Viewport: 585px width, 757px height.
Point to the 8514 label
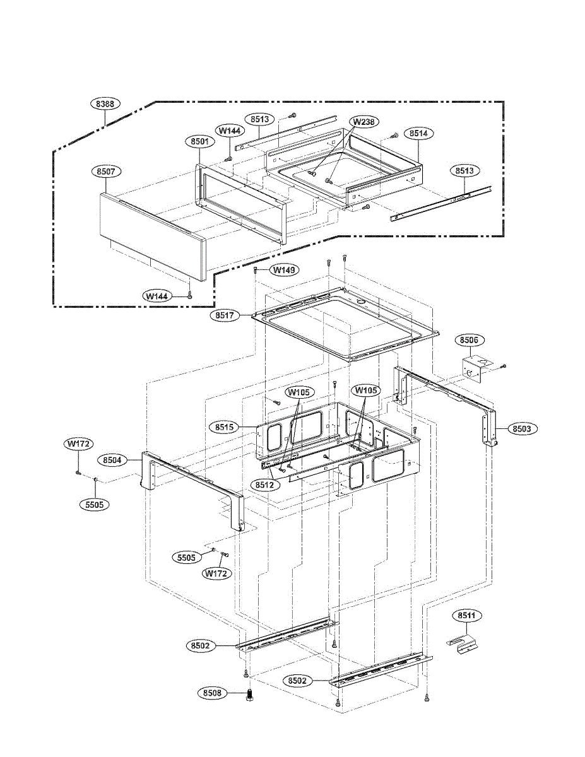pyautogui.click(x=418, y=134)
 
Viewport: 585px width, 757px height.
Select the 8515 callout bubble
pyautogui.click(x=224, y=427)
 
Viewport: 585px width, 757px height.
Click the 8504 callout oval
pyautogui.click(x=112, y=460)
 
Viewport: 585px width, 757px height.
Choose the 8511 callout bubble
pyautogui.click(x=466, y=614)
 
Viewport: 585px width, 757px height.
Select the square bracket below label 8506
pyautogui.click(x=473, y=368)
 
